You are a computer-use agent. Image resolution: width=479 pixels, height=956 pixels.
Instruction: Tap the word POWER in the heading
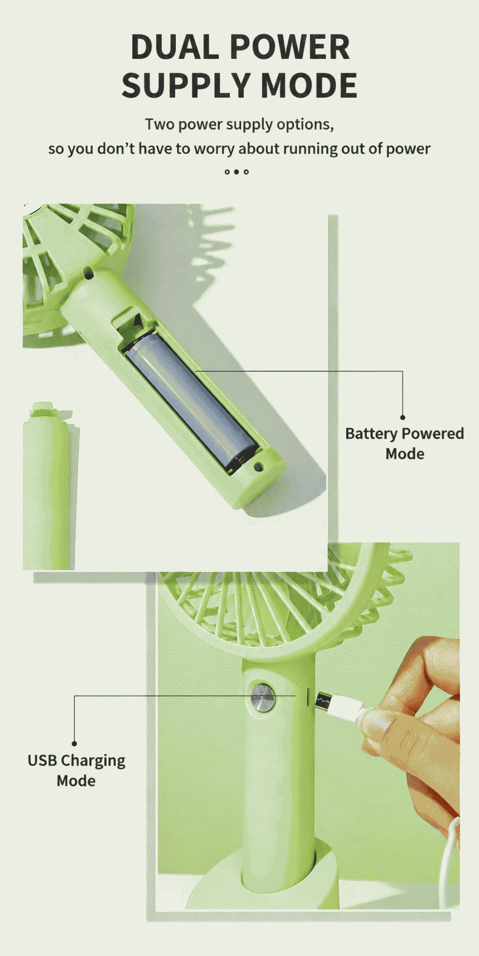pyautogui.click(x=290, y=47)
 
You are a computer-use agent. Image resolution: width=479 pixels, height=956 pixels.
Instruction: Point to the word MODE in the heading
pyautogui.click(x=309, y=85)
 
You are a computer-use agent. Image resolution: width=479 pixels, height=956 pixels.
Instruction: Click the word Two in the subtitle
pyautogui.click(x=159, y=124)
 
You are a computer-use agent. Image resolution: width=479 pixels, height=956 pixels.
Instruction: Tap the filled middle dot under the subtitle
pyautogui.click(x=236, y=172)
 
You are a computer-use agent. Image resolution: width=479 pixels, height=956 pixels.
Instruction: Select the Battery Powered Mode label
pyautogui.click(x=404, y=443)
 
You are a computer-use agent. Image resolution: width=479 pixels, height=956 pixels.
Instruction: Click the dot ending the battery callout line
pyautogui.click(x=402, y=417)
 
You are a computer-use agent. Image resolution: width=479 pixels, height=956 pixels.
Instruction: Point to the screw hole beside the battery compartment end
pyautogui.click(x=258, y=466)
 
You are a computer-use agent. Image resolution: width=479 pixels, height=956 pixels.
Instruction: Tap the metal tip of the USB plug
pyautogui.click(x=323, y=700)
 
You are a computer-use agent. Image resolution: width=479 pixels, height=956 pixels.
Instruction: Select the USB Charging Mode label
pyautogui.click(x=76, y=770)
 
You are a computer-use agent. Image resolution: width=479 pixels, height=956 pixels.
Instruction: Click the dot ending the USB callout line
pyautogui.click(x=74, y=744)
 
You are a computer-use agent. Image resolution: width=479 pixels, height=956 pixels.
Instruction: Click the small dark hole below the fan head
pyautogui.click(x=89, y=273)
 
